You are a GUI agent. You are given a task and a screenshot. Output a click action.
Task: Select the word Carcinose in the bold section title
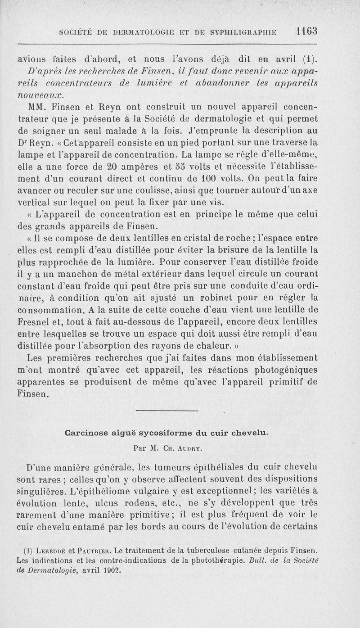[x=84, y=433]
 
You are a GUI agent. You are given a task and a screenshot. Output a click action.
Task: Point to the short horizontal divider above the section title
[x=166, y=411]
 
